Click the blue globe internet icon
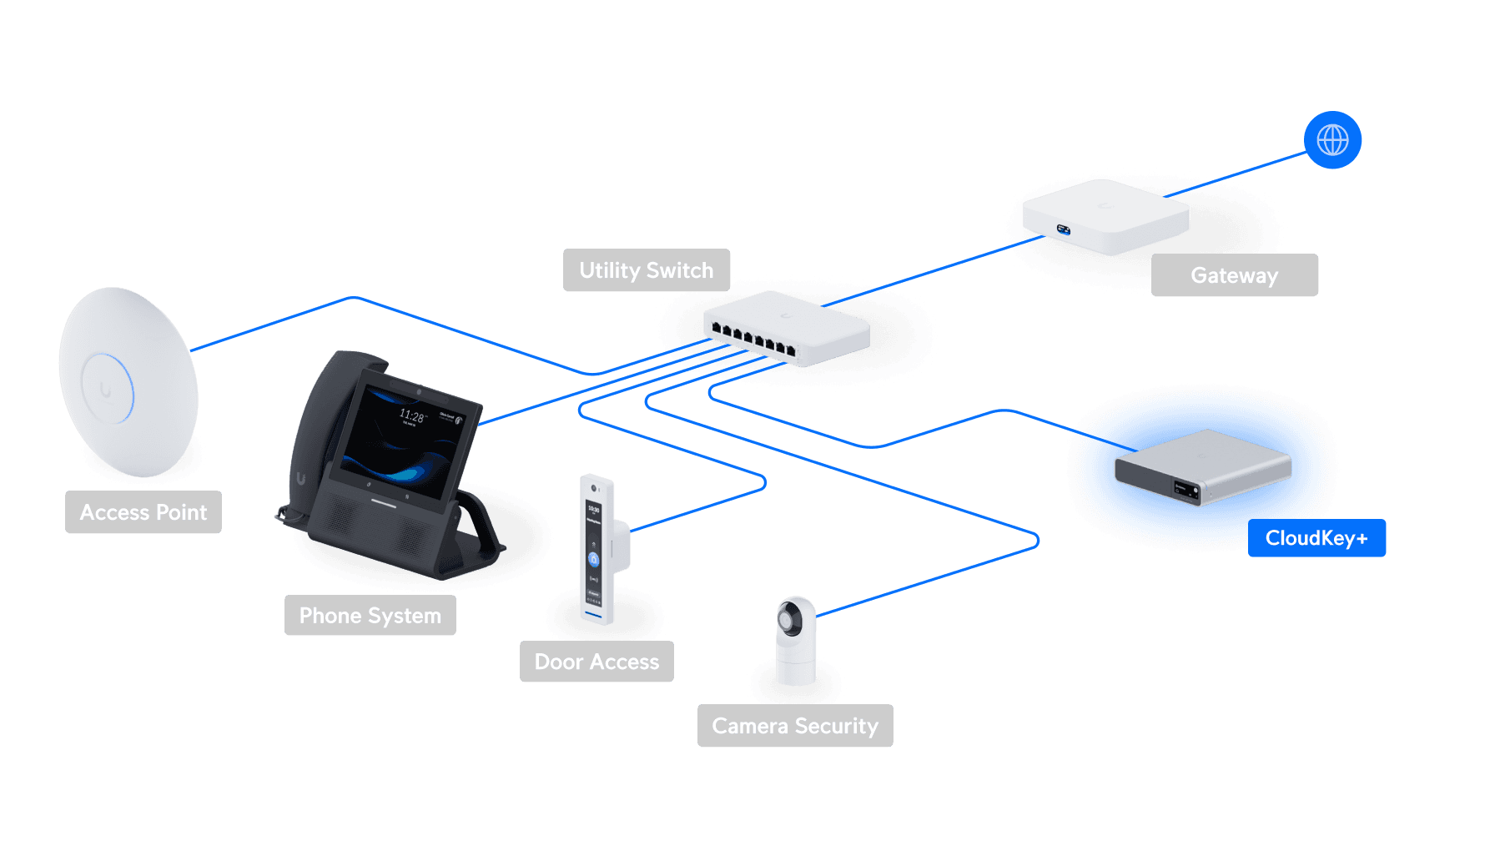(1332, 140)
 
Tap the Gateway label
(1234, 275)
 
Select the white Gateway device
(1105, 215)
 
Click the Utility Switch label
(647, 270)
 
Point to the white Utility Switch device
(787, 328)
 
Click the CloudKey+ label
(1316, 538)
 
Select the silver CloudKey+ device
(1202, 467)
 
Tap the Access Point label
(143, 512)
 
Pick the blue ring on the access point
(108, 389)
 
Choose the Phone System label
(370, 616)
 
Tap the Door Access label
(597, 662)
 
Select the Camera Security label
(795, 726)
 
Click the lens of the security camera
(788, 619)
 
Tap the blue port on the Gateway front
(1064, 229)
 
